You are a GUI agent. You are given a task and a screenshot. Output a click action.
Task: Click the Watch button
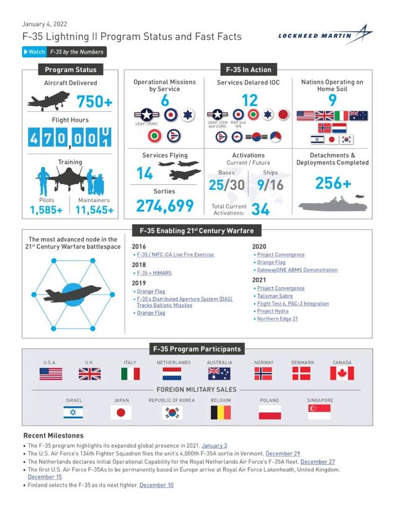click(x=35, y=52)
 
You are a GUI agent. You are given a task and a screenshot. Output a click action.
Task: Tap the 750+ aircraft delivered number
click(x=94, y=102)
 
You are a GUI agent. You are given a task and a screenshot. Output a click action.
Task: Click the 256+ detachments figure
click(x=332, y=183)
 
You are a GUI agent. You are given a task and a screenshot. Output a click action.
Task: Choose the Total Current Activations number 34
click(x=260, y=209)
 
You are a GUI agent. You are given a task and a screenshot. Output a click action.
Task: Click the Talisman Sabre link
click(x=275, y=296)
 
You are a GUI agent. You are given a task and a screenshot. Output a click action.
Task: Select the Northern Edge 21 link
click(x=277, y=318)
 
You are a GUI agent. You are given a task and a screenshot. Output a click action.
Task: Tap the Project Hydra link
click(x=273, y=311)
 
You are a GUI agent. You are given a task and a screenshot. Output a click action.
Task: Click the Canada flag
click(x=342, y=373)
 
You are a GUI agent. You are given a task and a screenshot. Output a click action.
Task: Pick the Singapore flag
click(x=319, y=412)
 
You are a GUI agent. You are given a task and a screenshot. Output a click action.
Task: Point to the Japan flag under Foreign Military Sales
click(x=122, y=412)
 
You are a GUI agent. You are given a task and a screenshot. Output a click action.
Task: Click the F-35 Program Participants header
click(x=198, y=349)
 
